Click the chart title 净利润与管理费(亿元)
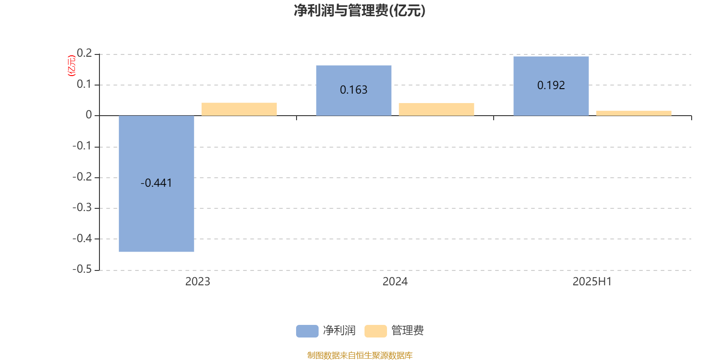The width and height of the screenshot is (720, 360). click(360, 11)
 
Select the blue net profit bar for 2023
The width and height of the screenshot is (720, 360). click(157, 184)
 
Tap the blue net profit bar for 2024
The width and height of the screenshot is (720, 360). click(354, 90)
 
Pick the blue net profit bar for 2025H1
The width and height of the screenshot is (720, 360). click(551, 86)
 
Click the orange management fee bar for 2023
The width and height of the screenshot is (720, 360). click(239, 109)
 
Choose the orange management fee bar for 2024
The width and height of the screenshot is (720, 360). click(436, 109)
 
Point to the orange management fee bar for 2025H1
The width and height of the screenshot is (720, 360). click(634, 113)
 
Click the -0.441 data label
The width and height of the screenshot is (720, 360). click(156, 183)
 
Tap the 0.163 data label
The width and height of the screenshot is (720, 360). click(354, 90)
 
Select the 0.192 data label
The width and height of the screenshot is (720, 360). click(551, 85)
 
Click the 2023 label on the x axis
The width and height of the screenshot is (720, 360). click(198, 282)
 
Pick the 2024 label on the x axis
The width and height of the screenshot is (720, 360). click(395, 282)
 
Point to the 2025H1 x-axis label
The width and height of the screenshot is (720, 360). click(592, 282)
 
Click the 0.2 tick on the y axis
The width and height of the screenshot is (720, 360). click(84, 53)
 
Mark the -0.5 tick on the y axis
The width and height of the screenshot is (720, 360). click(82, 269)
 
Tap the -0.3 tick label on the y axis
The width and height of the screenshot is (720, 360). click(82, 207)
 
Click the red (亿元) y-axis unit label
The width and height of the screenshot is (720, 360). click(72, 66)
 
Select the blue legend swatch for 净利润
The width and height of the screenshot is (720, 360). click(307, 331)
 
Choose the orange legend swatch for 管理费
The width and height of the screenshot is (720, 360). click(376, 331)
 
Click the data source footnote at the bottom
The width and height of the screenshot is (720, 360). click(360, 355)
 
